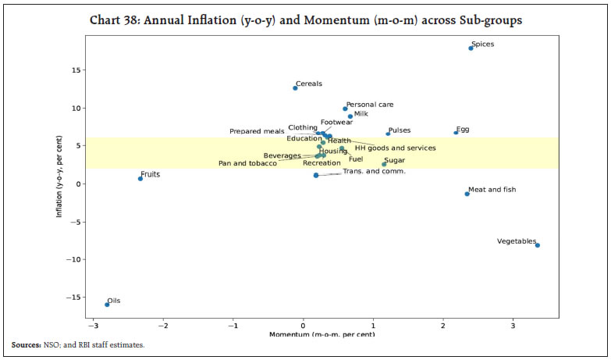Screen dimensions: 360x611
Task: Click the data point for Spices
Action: tap(471, 48)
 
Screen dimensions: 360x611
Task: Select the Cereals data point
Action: tap(295, 88)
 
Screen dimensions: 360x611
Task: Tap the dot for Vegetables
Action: tap(538, 245)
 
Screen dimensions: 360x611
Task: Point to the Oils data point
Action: tap(107, 305)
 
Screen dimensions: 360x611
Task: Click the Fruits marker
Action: tap(140, 179)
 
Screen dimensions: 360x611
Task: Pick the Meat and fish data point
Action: tap(467, 194)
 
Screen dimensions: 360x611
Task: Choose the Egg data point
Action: tap(456, 133)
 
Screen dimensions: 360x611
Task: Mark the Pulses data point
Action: tap(388, 134)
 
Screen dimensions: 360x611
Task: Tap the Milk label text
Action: tap(360, 114)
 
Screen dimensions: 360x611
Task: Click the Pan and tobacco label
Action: tap(247, 163)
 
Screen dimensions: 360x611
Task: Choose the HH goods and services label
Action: tap(395, 148)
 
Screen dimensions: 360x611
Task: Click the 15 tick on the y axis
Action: tap(76, 70)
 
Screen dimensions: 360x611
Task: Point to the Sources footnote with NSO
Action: tap(78, 344)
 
